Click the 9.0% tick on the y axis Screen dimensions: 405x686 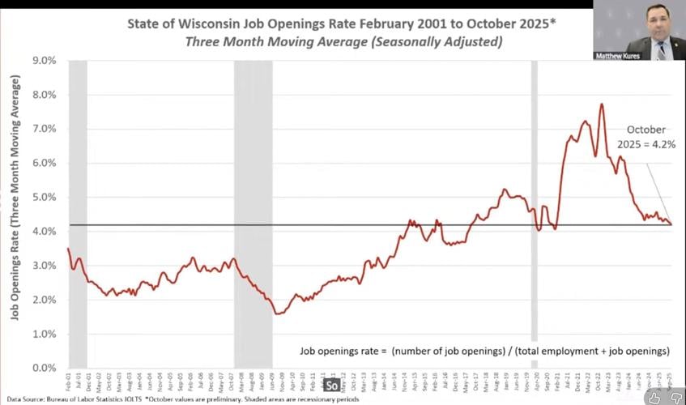point(45,61)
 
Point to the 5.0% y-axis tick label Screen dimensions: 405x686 point(45,198)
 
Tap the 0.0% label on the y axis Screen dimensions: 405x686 point(45,369)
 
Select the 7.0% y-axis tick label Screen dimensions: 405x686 point(45,129)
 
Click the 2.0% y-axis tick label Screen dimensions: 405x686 point(45,300)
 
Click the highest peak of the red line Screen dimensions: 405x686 point(602,104)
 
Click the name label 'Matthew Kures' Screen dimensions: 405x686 point(617,56)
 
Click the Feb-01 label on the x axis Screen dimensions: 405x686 point(70,381)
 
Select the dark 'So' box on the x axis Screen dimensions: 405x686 point(331,386)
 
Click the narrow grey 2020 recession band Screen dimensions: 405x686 point(534,202)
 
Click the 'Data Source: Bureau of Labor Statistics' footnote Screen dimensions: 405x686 point(81,399)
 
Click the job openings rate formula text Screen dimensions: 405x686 point(484,351)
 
